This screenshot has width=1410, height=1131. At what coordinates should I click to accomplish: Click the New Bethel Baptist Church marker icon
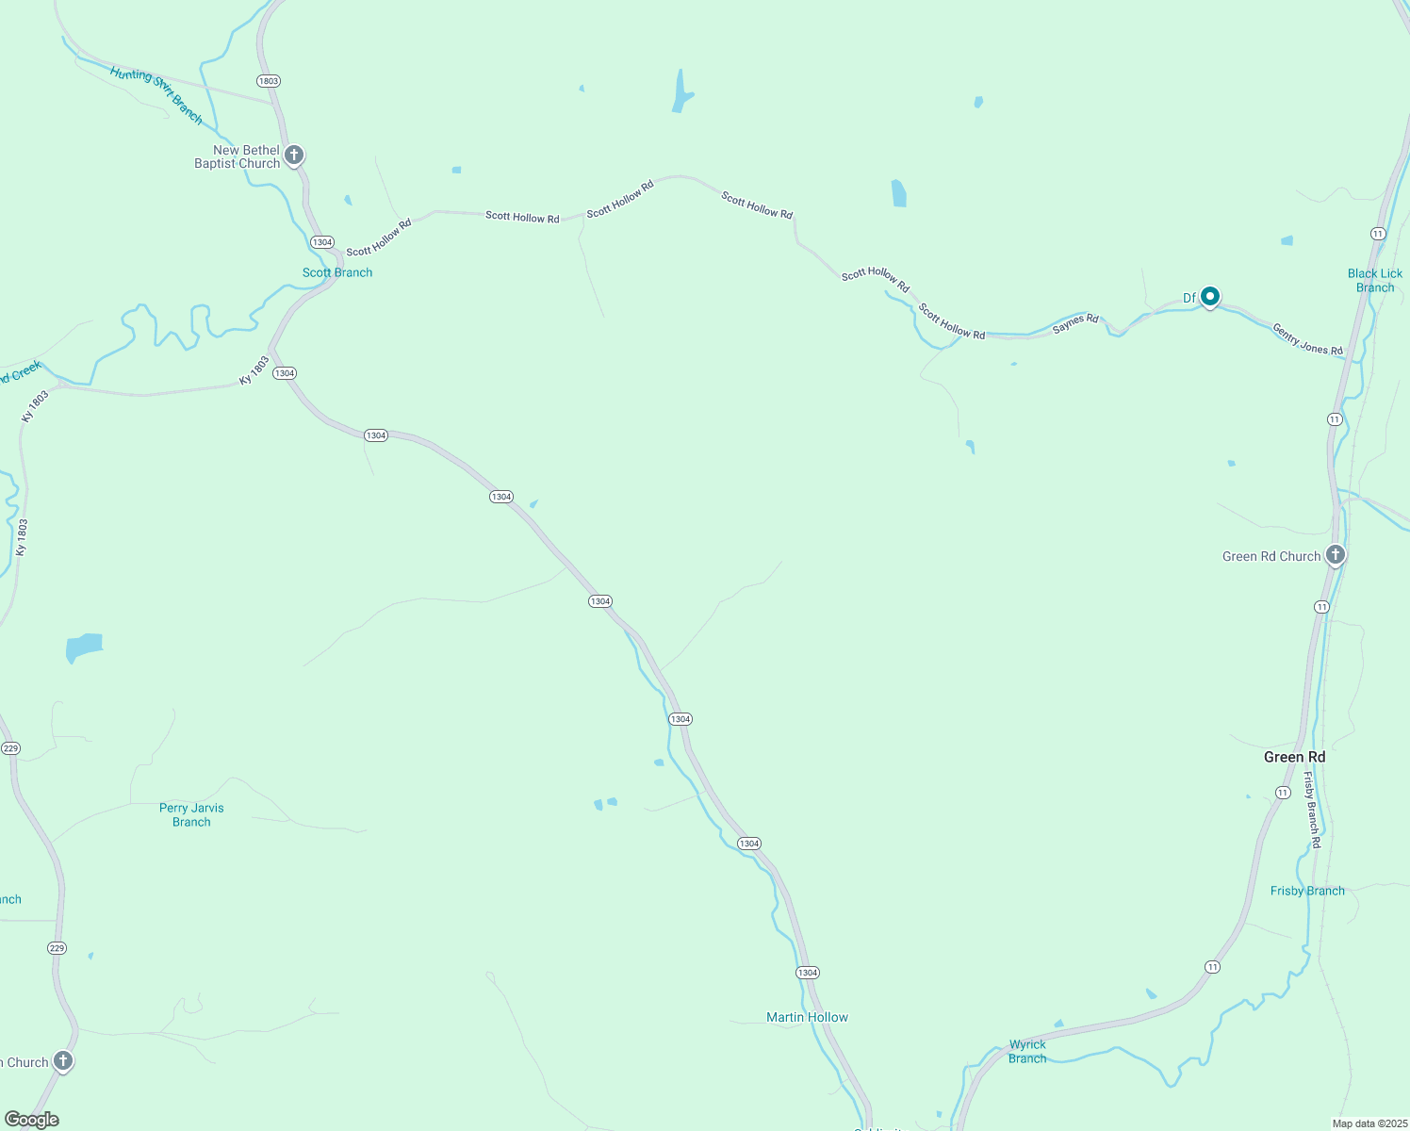pos(294,155)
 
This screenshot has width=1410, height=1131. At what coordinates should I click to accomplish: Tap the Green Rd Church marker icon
pos(1335,555)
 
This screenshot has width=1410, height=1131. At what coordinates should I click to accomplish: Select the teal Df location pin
pos(1210,297)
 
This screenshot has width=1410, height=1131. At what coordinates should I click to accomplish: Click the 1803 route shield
pos(269,81)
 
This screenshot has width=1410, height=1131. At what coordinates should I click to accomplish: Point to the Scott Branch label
pos(337,272)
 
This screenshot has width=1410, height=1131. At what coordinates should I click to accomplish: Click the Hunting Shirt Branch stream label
pos(156,94)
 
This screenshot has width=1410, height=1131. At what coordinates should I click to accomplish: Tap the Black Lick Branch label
pos(1374,281)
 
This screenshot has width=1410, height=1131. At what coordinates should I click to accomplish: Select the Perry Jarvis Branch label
pos(191,815)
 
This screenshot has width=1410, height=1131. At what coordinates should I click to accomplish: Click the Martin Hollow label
pos(807,1017)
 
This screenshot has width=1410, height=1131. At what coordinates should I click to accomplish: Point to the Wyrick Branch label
pos(1027,1052)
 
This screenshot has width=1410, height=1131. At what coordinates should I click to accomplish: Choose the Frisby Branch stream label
pos(1307,891)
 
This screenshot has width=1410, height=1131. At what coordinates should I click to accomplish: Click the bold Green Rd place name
pos(1294,758)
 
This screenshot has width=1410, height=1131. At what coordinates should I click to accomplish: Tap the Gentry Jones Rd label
pos(1307,339)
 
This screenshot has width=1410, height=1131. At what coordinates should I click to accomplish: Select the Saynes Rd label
pos(1075,323)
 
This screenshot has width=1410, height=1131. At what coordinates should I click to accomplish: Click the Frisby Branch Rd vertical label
pos(1311,810)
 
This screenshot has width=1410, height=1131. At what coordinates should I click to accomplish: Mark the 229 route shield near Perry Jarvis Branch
pos(10,748)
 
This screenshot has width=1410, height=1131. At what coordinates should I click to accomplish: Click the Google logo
pos(32,1120)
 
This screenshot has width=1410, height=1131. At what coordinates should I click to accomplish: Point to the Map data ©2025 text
pos(1369,1123)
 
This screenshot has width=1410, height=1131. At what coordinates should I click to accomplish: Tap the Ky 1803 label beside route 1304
pos(254,370)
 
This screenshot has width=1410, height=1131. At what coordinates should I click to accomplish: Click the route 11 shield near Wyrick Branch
pos(1212,967)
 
